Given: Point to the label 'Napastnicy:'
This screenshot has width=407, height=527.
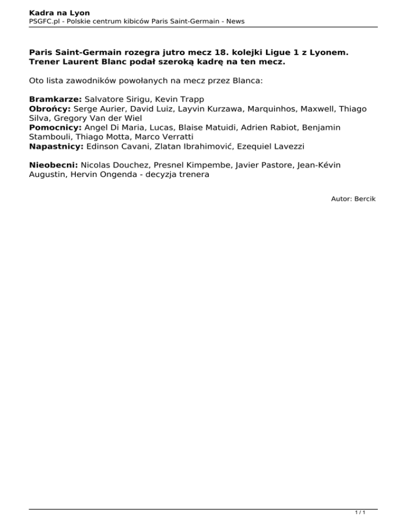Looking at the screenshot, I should click(x=56, y=146).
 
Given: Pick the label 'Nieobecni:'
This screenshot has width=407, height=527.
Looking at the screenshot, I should click(x=53, y=165).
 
